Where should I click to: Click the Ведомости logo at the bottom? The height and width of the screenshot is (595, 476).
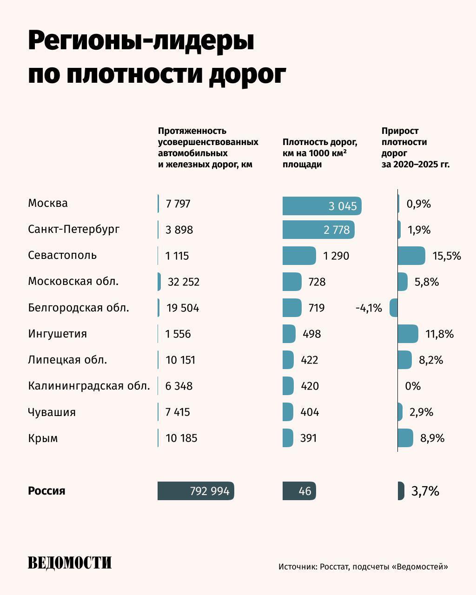click(70, 562)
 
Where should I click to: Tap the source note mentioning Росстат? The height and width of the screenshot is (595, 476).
click(363, 567)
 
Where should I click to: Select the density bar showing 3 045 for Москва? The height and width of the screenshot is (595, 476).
click(322, 206)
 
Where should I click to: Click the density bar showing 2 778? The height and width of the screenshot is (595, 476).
click(318, 230)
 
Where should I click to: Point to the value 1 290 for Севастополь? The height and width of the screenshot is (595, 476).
click(336, 256)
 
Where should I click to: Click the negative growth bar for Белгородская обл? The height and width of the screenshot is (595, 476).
click(394, 308)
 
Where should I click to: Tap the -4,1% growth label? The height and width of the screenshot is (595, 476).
click(368, 308)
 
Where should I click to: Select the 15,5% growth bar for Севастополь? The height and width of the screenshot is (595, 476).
click(411, 256)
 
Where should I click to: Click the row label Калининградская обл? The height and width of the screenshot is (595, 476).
click(89, 386)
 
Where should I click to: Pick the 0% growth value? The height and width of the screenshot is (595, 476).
click(413, 386)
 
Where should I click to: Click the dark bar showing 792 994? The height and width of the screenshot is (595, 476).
click(196, 491)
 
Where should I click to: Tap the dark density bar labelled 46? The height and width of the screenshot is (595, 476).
click(299, 491)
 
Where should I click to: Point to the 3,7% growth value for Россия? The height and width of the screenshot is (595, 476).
click(425, 491)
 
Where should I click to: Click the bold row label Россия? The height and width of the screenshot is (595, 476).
click(46, 491)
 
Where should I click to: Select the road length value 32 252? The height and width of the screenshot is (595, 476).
click(183, 282)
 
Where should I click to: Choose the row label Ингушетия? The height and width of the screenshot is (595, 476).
click(57, 334)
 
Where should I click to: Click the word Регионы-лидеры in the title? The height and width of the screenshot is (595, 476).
click(141, 41)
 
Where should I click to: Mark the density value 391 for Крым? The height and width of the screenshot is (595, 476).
click(308, 438)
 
